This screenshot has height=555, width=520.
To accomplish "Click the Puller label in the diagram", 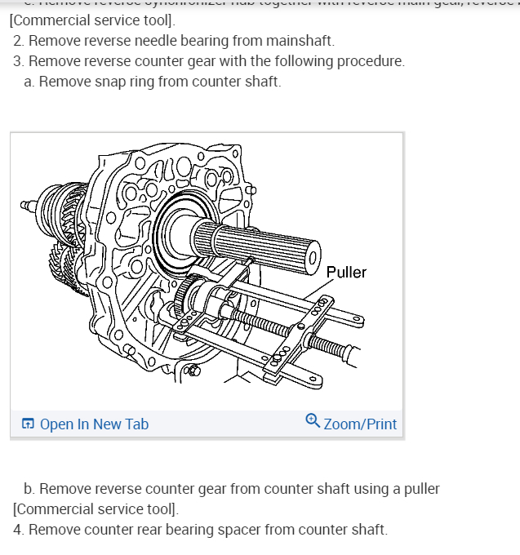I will coord(346,272).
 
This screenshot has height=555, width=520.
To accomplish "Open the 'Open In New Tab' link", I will coord(94,424).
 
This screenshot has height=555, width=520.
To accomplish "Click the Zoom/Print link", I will coord(360,424).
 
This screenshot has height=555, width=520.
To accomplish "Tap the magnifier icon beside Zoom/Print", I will coord(313,421).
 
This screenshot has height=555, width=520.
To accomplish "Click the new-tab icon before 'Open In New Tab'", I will coord(28,424).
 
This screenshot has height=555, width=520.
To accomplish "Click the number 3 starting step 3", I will coord(17,61).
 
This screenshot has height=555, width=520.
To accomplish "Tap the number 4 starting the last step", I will coord(18,530).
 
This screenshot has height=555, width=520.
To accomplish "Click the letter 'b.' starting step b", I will coord(29,489).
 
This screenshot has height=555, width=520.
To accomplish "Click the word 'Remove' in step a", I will coord(62,82).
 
